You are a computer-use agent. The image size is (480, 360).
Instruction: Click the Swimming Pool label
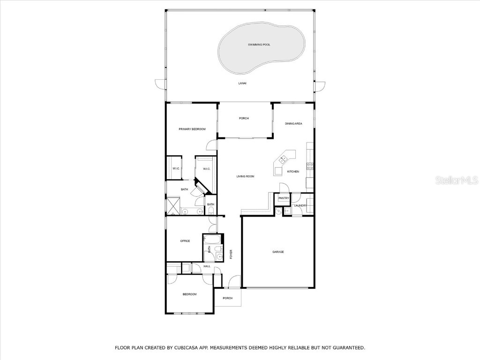point(259,45)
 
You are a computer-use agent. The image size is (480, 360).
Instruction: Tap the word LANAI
point(242,83)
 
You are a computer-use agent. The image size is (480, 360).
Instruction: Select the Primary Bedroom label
point(192,129)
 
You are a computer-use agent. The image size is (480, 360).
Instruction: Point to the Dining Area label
point(293,124)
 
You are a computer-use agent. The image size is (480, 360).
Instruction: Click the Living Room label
point(245,176)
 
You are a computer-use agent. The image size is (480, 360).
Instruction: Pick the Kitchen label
point(293,172)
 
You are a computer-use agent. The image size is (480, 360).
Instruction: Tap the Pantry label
point(284,198)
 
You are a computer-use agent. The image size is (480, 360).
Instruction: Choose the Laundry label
point(300,205)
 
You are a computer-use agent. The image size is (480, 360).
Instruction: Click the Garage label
point(278,252)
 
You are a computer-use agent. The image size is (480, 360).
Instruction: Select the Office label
point(185,241)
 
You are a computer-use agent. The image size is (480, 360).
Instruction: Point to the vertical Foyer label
point(231,255)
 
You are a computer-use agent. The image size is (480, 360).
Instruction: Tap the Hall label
point(207,267)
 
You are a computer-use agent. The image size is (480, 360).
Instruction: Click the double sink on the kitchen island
point(283,159)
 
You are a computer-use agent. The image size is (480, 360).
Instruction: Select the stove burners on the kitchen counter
point(310,166)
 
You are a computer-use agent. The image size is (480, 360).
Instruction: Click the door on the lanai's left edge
point(161,85)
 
